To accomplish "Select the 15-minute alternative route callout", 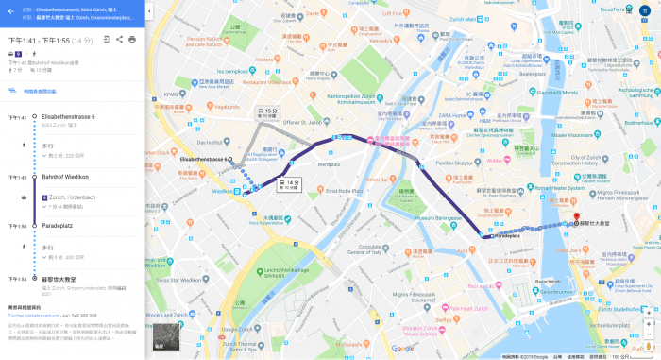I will (269, 113).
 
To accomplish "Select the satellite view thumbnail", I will (165, 336).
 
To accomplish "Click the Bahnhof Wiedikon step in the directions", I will (66, 177).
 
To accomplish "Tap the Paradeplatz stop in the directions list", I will (59, 226).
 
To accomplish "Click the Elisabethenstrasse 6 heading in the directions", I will (68, 117).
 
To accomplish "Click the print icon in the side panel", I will (132, 40).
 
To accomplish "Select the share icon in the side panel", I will (120, 40).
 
